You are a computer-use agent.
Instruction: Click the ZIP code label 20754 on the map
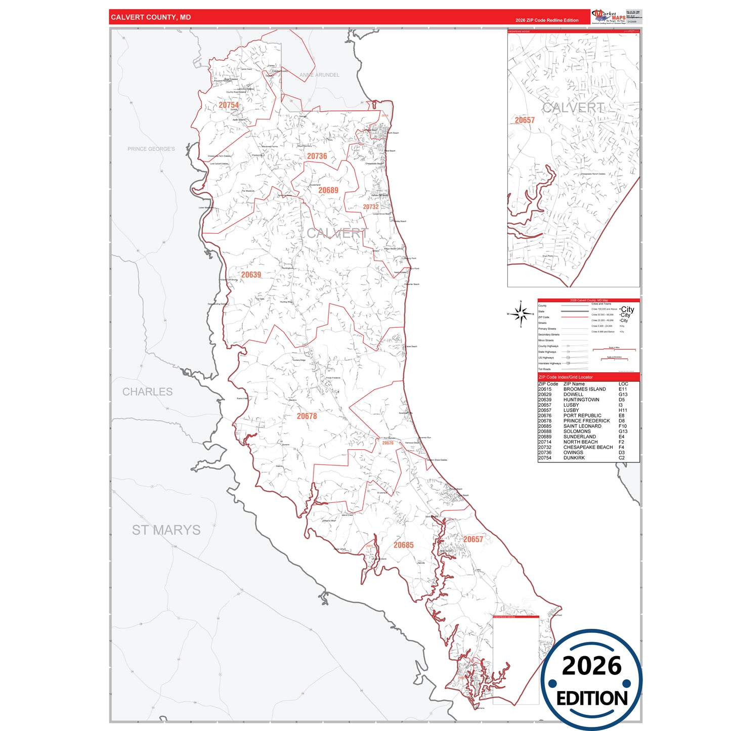229,105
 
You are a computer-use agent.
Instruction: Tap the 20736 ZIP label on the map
317,156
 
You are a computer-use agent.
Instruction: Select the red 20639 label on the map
251,275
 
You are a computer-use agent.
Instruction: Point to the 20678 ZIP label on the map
307,416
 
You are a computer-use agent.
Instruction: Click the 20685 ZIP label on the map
403,545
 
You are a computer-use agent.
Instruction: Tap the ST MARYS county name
166,530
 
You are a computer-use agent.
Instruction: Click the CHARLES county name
147,392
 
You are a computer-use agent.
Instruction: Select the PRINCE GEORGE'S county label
151,149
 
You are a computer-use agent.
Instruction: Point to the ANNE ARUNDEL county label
319,75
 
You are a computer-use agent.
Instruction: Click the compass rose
520,314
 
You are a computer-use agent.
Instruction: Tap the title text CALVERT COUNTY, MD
151,17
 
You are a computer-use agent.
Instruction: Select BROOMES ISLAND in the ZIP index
584,389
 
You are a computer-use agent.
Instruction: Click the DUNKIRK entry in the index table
574,458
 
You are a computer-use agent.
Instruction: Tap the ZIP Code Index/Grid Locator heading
565,377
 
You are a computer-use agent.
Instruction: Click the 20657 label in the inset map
525,120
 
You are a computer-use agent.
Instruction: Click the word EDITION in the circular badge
591,698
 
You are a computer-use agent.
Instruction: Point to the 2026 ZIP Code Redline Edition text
547,20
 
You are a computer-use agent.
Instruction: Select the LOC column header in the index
623,384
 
